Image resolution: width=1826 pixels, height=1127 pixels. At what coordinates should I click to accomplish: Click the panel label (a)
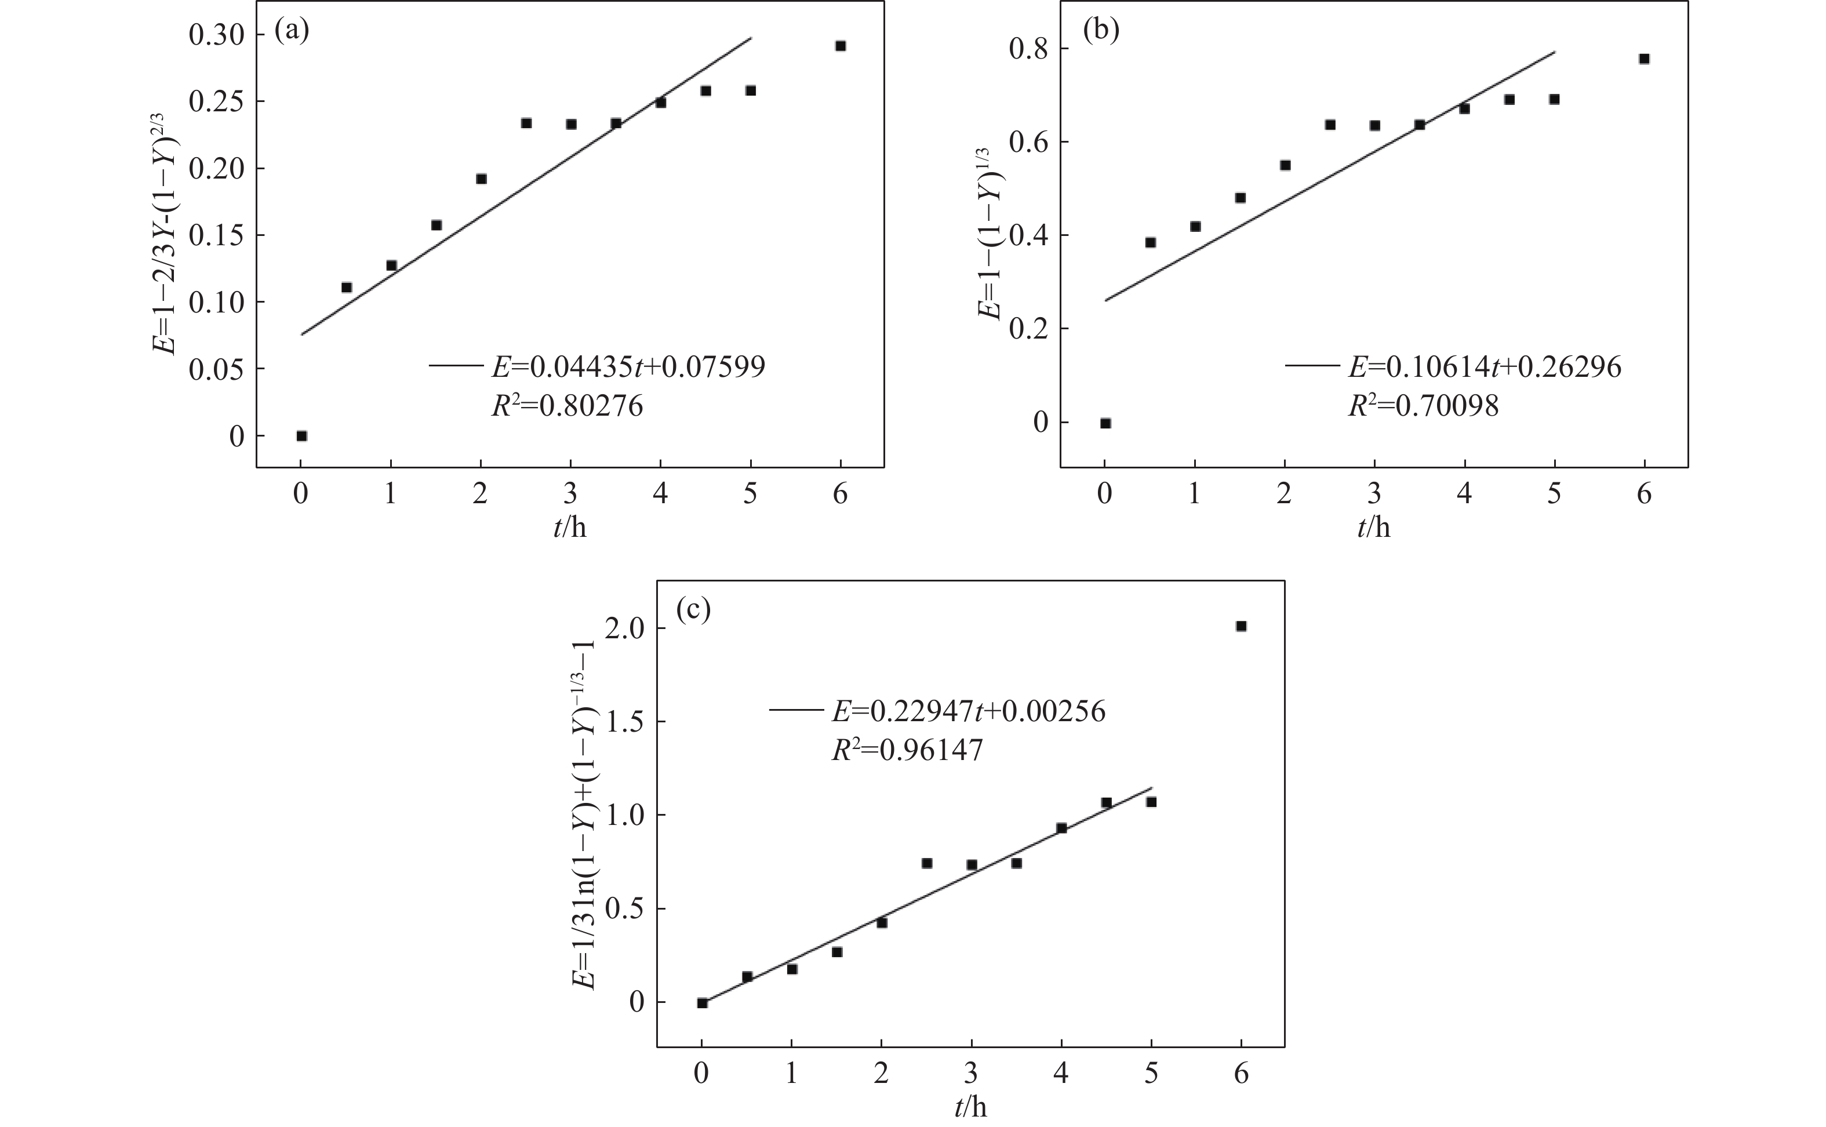(x=292, y=31)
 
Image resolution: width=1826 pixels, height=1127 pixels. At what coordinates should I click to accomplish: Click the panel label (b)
(x=1101, y=31)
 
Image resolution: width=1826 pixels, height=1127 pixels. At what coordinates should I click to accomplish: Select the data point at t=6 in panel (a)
(x=840, y=46)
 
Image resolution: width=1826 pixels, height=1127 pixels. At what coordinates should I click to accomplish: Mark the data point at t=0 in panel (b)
(x=1105, y=423)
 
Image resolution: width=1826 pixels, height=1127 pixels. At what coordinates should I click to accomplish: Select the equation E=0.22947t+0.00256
(x=968, y=712)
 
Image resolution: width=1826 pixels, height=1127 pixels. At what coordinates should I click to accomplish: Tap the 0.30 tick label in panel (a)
(x=216, y=35)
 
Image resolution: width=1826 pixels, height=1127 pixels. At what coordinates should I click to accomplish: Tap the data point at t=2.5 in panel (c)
(x=926, y=863)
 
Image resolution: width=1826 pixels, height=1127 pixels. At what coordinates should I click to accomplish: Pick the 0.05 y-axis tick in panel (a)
(x=216, y=370)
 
